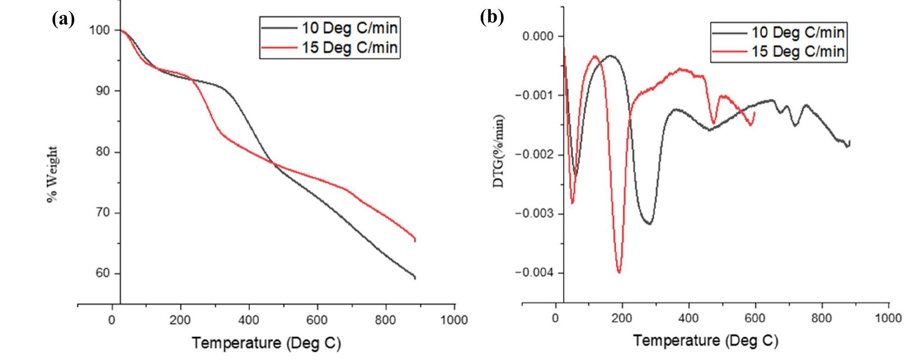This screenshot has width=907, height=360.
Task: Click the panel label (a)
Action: click(63, 19)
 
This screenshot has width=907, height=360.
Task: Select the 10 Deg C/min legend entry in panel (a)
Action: click(349, 28)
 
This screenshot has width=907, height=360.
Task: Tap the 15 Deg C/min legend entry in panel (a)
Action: click(349, 48)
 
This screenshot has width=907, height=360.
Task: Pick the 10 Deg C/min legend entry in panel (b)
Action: click(798, 33)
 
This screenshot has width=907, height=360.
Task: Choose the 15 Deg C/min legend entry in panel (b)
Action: click(798, 51)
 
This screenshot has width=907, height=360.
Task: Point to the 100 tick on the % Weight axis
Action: click(99, 31)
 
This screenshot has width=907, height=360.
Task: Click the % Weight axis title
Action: click(52, 175)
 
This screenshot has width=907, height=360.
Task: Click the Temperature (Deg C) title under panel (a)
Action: click(266, 344)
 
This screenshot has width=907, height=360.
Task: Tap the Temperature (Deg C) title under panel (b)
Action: click(705, 341)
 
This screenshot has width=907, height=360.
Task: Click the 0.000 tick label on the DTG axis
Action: click(535, 36)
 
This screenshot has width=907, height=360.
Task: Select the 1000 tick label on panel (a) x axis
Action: click(454, 320)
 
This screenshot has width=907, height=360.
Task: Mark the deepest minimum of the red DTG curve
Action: click(619, 272)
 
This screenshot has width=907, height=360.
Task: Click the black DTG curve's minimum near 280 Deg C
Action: click(649, 224)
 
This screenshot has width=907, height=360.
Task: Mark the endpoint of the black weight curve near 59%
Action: click(415, 278)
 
